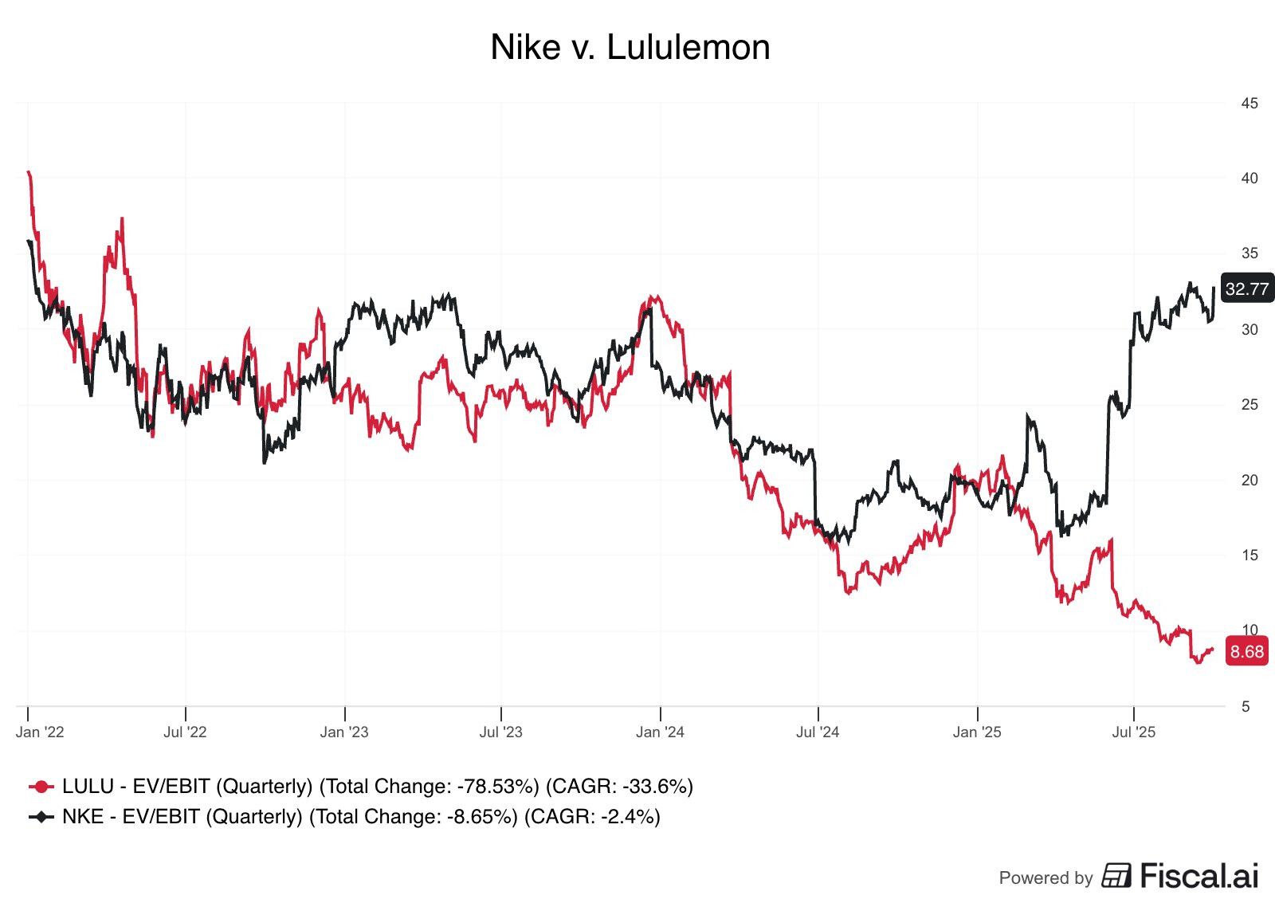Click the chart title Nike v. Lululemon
coord(630,48)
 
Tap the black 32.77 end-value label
coord(1246,289)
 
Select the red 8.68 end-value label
coord(1246,652)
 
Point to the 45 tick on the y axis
coord(1249,104)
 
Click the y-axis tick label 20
coord(1249,481)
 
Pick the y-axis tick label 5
coord(1245,707)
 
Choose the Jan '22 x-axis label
coord(40,732)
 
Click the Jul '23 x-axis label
coord(500,732)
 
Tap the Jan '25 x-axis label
coord(977,732)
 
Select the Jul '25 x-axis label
coord(1133,732)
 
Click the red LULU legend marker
coord(41,787)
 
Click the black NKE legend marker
coord(41,818)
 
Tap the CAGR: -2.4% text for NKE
coord(592,818)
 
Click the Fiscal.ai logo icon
coord(1116,875)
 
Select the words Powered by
coord(1045,878)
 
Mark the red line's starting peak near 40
coord(29,172)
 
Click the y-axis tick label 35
coord(1249,254)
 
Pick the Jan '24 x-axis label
coord(660,732)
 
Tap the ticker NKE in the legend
coord(83,818)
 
